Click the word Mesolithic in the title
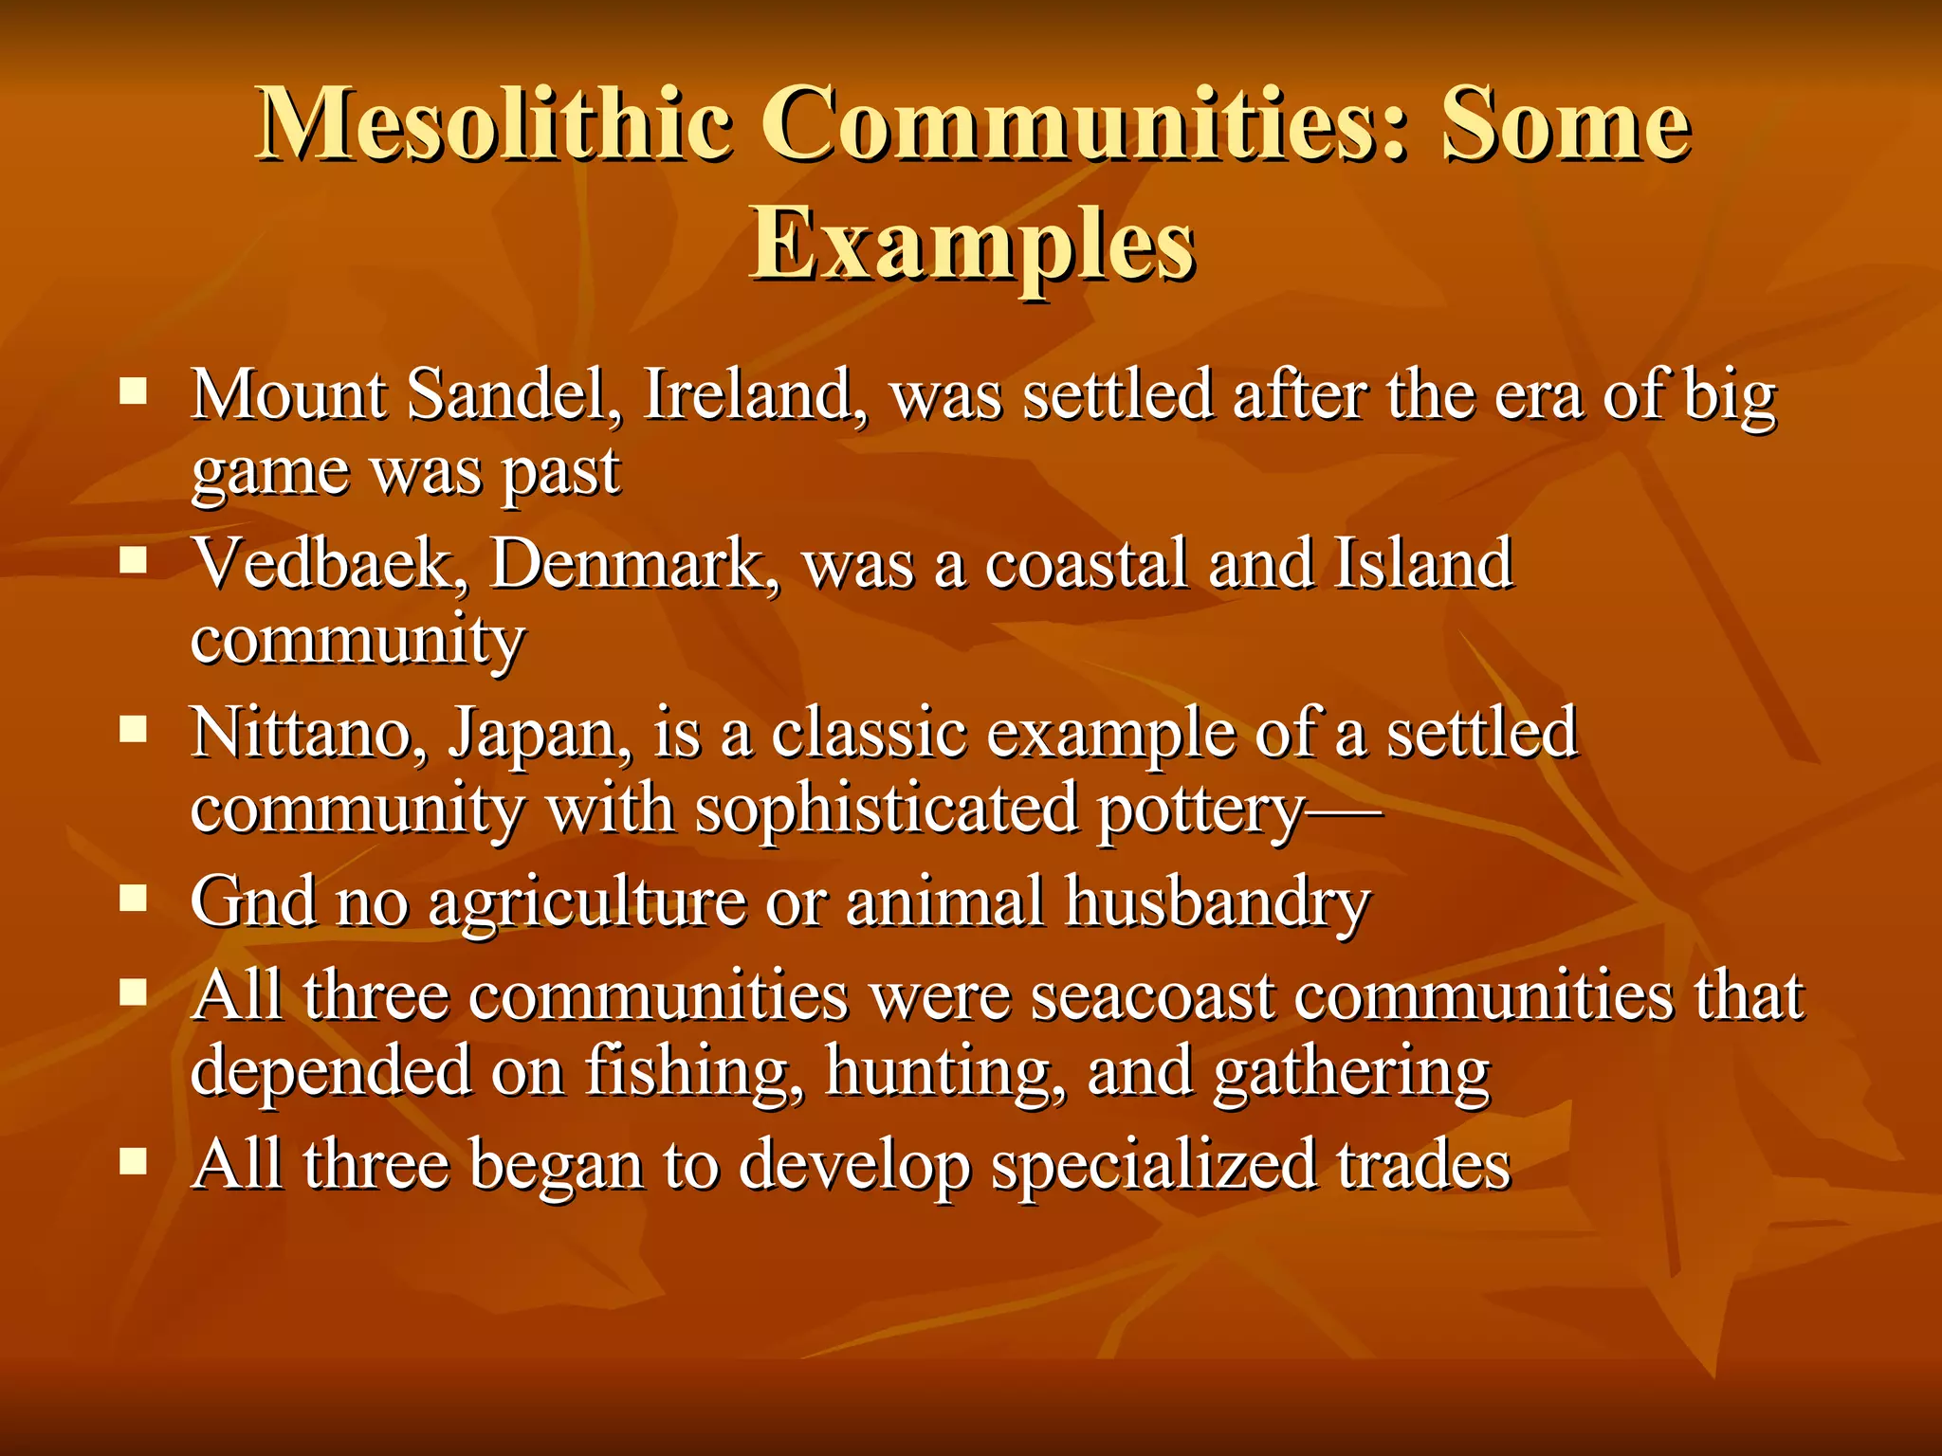point(494,124)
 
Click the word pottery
point(1200,810)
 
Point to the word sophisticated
point(887,810)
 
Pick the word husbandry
point(1218,902)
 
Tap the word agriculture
point(587,902)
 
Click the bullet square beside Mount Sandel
point(134,391)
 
